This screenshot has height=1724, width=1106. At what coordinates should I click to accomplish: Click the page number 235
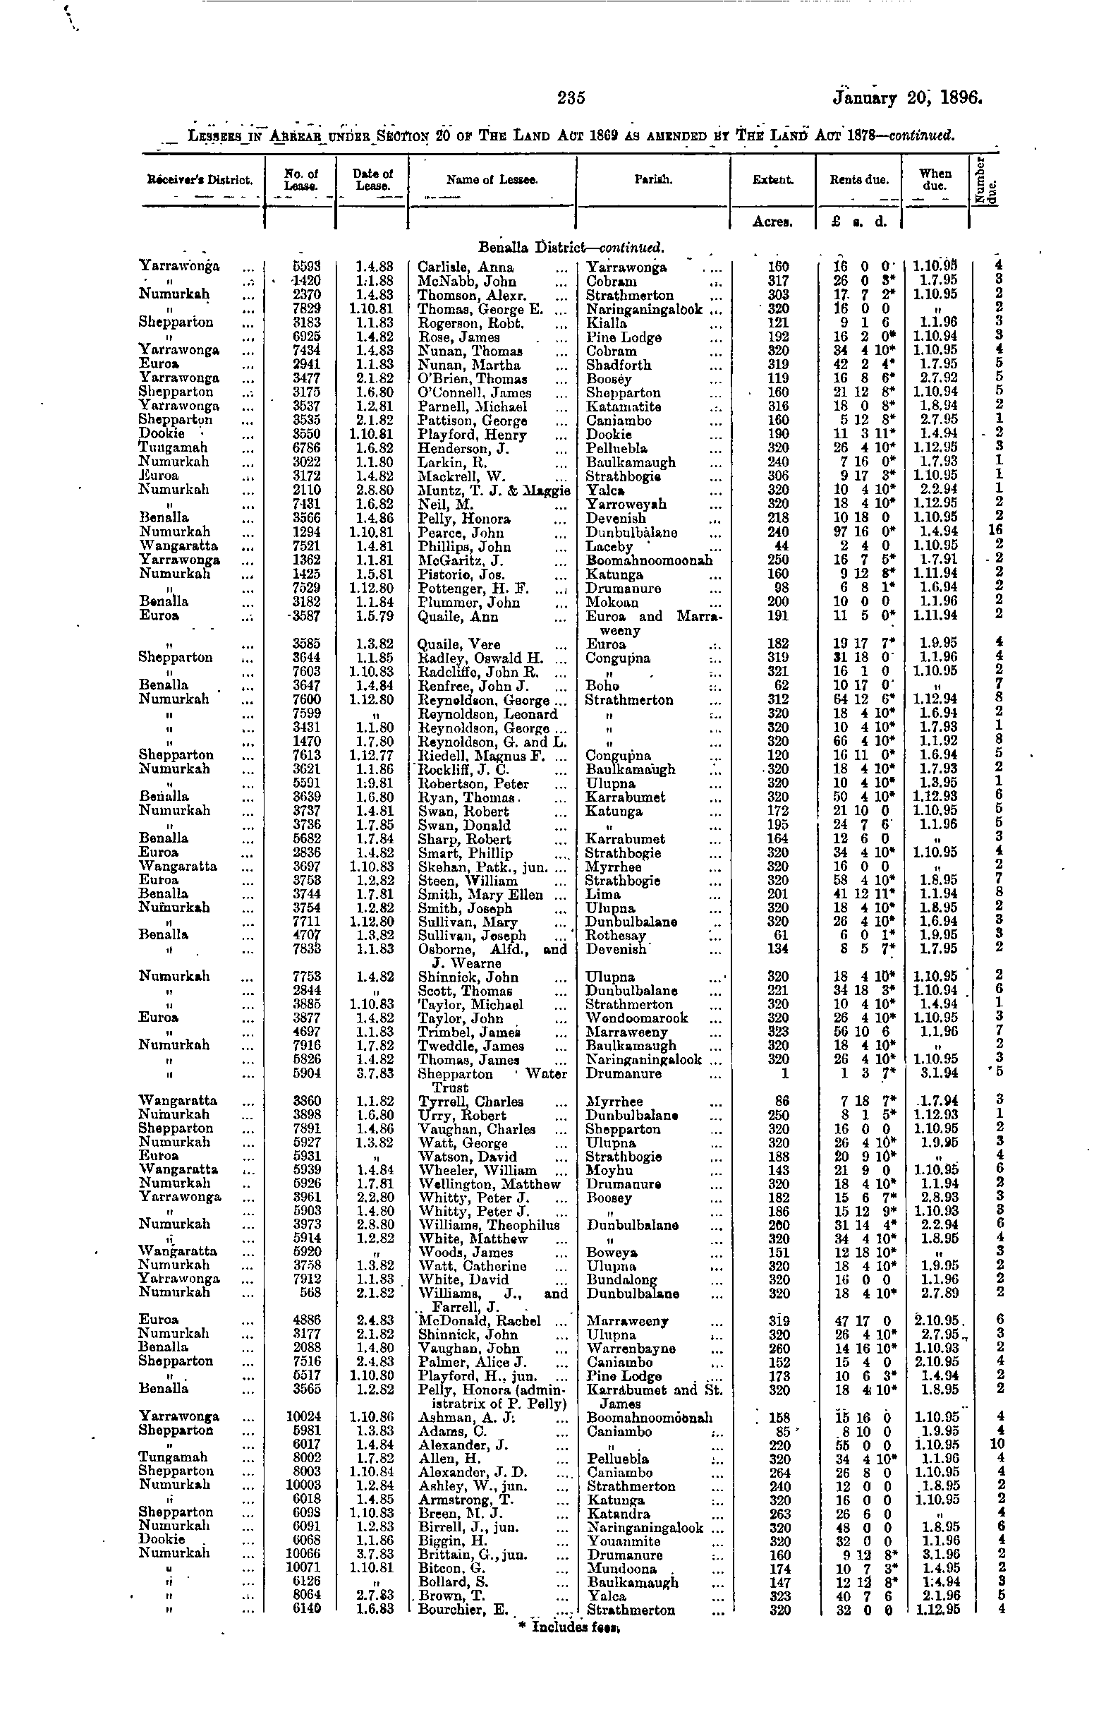(571, 97)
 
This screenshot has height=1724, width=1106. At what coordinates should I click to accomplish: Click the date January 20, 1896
(906, 97)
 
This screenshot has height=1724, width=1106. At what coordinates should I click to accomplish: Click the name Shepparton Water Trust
(492, 1080)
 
